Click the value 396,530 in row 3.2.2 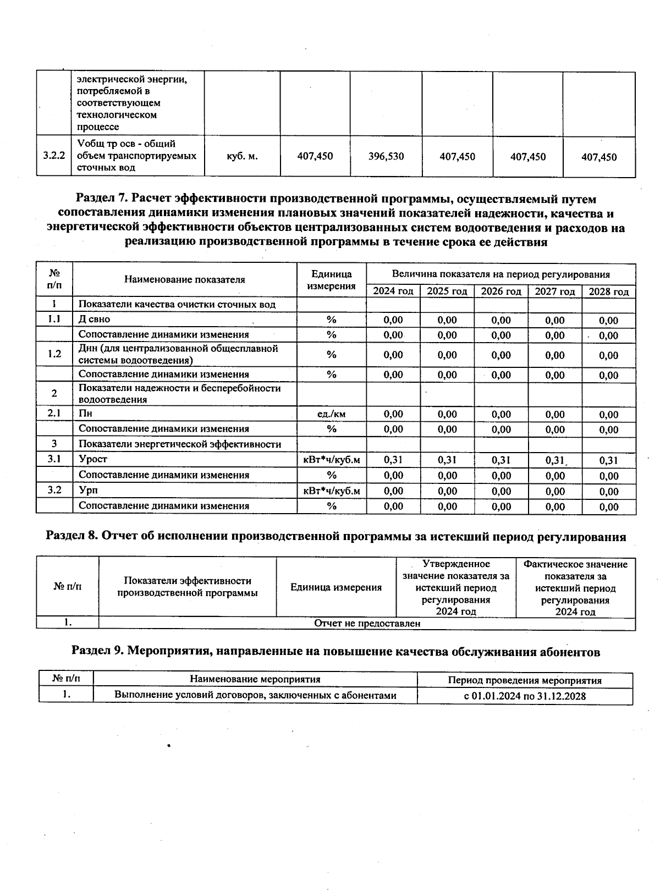click(386, 156)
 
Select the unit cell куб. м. click(242, 156)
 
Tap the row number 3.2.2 click(54, 156)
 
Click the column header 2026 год click(501, 291)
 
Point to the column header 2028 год click(608, 291)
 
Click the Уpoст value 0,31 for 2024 click(393, 459)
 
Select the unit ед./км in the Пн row click(332, 414)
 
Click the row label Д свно click(94, 319)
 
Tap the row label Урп click(89, 490)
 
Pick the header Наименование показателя click(184, 279)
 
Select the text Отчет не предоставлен click(367, 623)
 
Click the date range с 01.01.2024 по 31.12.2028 click(525, 696)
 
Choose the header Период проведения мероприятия click(525, 680)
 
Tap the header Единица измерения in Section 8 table click(335, 587)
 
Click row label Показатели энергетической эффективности click(180, 444)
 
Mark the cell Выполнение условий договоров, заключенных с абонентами click(255, 695)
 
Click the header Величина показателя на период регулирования click(501, 274)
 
